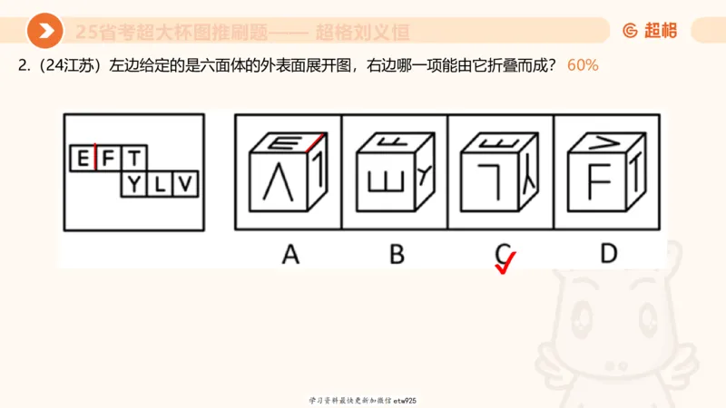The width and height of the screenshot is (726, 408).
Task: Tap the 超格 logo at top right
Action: (x=649, y=31)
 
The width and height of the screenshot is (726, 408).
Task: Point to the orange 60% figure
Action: (x=583, y=66)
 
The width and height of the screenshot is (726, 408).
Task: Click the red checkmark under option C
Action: (x=504, y=262)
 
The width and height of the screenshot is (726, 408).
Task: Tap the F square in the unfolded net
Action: (x=109, y=160)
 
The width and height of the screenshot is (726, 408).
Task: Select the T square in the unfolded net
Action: (x=133, y=160)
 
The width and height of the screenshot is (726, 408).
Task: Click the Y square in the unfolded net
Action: (x=134, y=185)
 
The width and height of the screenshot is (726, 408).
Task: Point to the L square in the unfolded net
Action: (x=160, y=185)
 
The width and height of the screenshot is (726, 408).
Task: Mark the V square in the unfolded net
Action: (x=185, y=185)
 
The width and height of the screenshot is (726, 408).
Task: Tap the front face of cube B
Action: (x=385, y=184)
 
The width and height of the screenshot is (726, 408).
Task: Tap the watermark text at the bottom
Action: (x=362, y=400)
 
